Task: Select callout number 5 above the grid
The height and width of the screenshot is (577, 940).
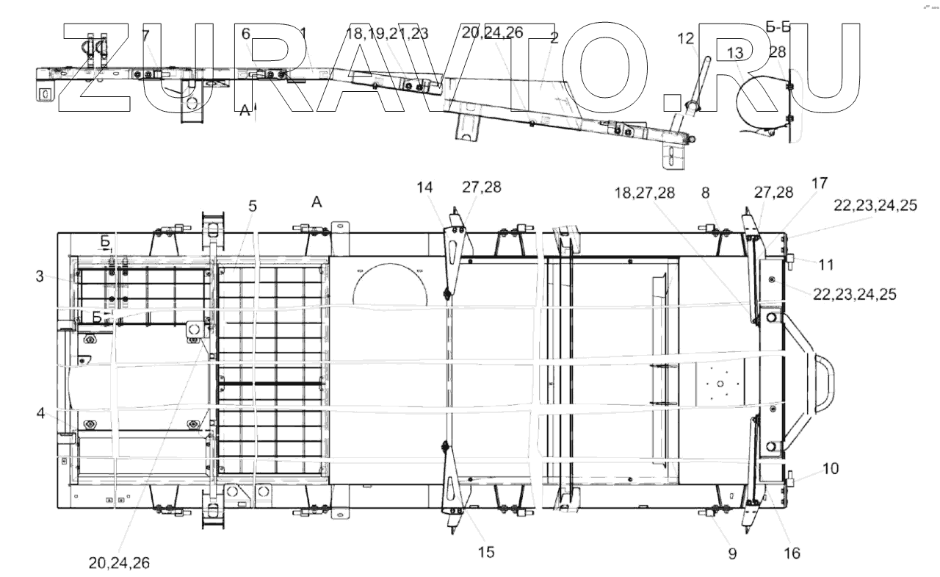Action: (x=252, y=207)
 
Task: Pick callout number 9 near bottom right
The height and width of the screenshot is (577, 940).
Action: (x=732, y=553)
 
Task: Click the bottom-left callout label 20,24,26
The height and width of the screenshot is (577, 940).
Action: (x=118, y=563)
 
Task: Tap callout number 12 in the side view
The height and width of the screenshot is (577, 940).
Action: (x=685, y=38)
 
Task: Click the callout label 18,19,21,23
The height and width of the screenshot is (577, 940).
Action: (x=386, y=33)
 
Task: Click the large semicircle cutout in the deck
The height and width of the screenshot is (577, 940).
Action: (x=389, y=283)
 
